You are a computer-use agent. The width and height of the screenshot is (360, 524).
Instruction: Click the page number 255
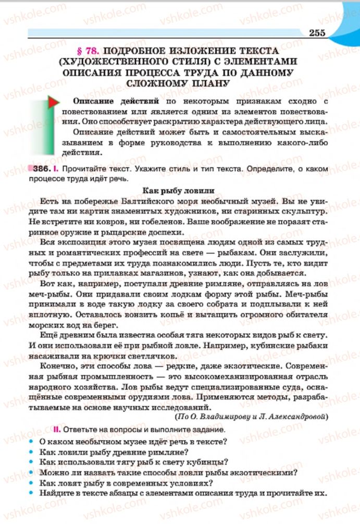click(x=316, y=33)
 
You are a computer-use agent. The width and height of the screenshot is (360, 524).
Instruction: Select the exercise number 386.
click(x=42, y=169)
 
